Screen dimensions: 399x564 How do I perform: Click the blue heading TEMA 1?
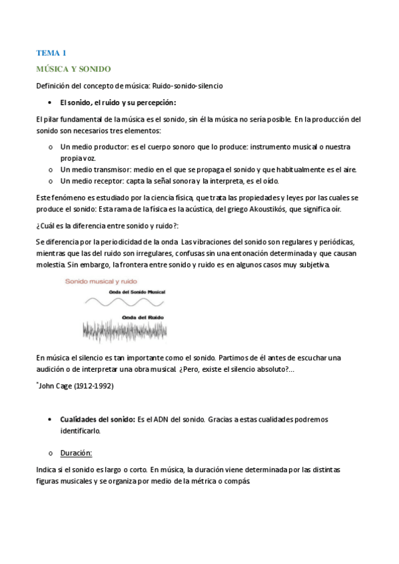point(51,53)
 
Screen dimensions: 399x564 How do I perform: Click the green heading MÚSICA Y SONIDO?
point(73,69)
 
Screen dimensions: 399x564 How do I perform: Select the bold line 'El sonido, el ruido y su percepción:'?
point(118,102)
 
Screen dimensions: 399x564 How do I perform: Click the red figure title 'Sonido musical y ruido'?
point(99,281)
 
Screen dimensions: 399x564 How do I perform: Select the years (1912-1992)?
point(94,385)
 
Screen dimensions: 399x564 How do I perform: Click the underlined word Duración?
point(76,453)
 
